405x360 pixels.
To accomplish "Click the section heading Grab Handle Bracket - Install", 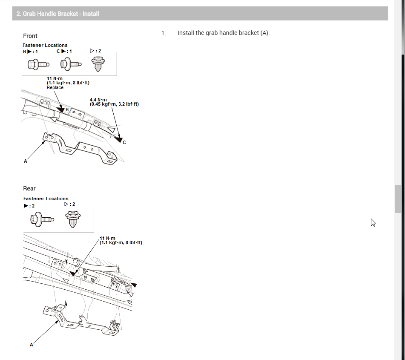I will click(58, 14).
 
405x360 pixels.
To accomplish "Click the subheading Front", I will click(30, 36).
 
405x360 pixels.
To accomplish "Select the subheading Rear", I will click(29, 188).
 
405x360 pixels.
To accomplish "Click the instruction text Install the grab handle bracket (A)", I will click(224, 33).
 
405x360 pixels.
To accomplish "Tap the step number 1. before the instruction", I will click(163, 33).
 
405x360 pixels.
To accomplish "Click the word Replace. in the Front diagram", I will click(56, 87).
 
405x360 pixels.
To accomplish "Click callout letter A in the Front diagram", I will click(26, 161).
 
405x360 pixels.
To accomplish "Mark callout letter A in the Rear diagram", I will click(31, 345).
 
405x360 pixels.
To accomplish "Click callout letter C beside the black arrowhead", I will click(124, 142).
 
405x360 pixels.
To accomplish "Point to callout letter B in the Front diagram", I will click(67, 109).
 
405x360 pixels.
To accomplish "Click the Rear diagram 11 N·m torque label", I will click(121, 240).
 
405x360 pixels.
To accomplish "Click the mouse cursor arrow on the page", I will click(373, 222).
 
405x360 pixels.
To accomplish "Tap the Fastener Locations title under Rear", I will click(46, 199).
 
